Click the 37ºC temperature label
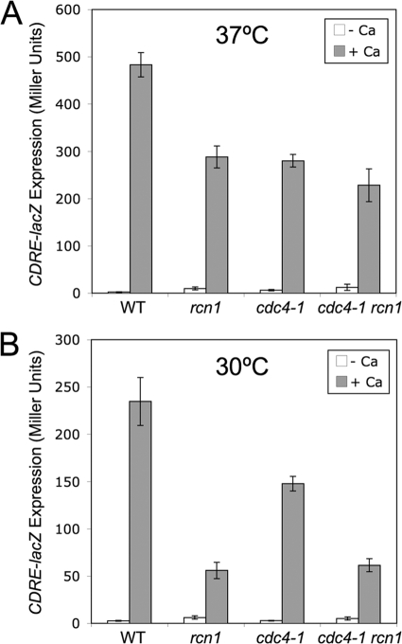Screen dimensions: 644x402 tap(241, 44)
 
